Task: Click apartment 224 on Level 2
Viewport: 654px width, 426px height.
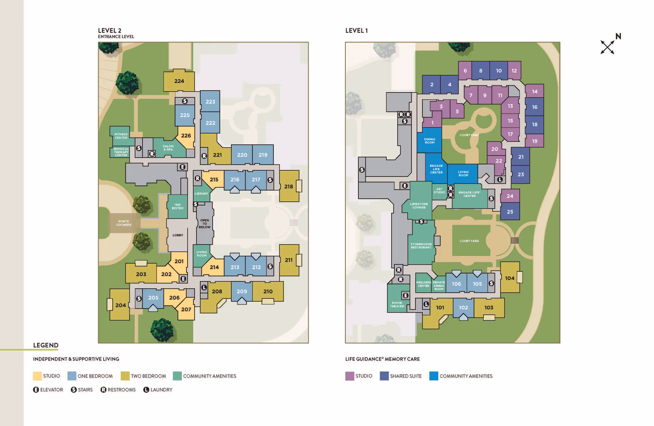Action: pos(179,81)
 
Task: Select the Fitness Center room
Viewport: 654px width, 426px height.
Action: pos(121,136)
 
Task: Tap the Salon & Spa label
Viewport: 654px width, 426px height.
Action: pos(168,148)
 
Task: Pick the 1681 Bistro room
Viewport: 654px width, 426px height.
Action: pos(177,207)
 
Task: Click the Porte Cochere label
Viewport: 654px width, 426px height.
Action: pos(124,223)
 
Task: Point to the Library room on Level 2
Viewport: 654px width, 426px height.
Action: pos(201,193)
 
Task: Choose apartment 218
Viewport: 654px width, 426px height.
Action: pos(289,186)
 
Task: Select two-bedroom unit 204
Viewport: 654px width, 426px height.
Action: pos(120,305)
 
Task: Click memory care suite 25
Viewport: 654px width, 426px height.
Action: pos(510,212)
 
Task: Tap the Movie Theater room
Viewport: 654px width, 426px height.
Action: pos(397,304)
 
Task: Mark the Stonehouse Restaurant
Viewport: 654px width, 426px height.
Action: pos(421,245)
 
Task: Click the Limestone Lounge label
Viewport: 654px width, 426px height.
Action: pos(419,206)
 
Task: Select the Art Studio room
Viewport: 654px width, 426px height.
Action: pos(439,191)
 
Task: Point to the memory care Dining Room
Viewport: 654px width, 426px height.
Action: pos(430,141)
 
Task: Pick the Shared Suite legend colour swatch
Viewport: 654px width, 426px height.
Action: pos(384,376)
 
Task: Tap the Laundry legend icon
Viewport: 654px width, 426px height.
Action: pos(146,390)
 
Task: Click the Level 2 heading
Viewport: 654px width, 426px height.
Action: pos(110,31)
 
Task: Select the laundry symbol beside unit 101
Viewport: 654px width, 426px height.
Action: pos(426,304)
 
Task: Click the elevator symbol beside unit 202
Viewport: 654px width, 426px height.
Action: pos(183,279)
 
